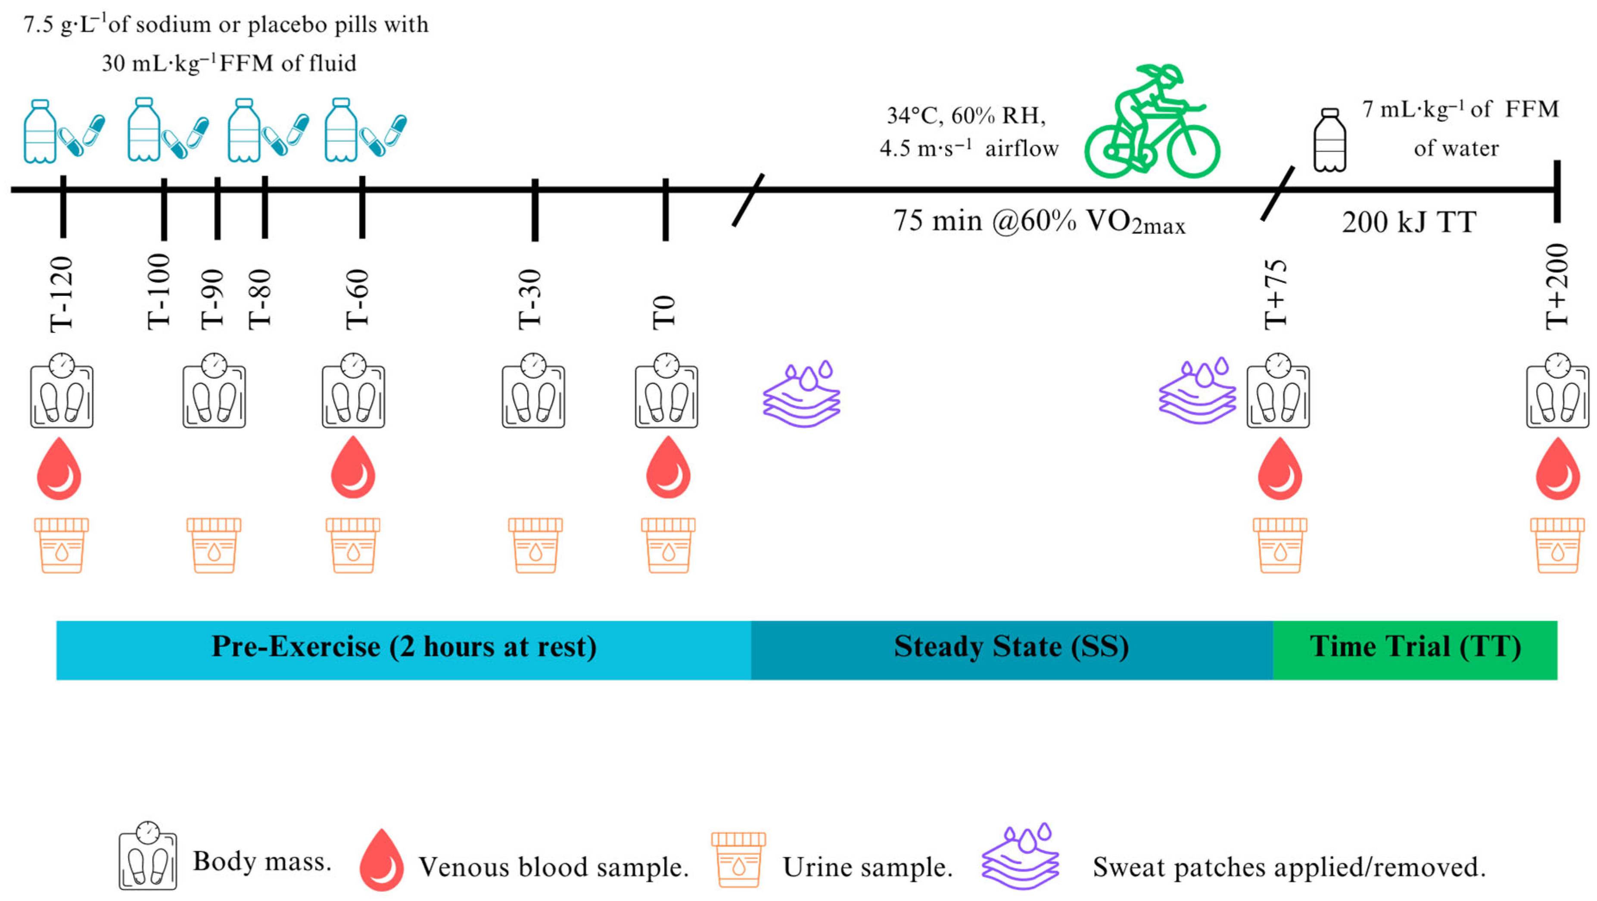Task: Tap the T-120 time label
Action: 62,294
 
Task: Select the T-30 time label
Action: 530,299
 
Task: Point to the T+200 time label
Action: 1557,287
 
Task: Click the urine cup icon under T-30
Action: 535,545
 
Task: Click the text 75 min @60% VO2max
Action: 1038,222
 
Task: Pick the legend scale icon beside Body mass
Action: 147,856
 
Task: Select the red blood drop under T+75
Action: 1279,469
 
